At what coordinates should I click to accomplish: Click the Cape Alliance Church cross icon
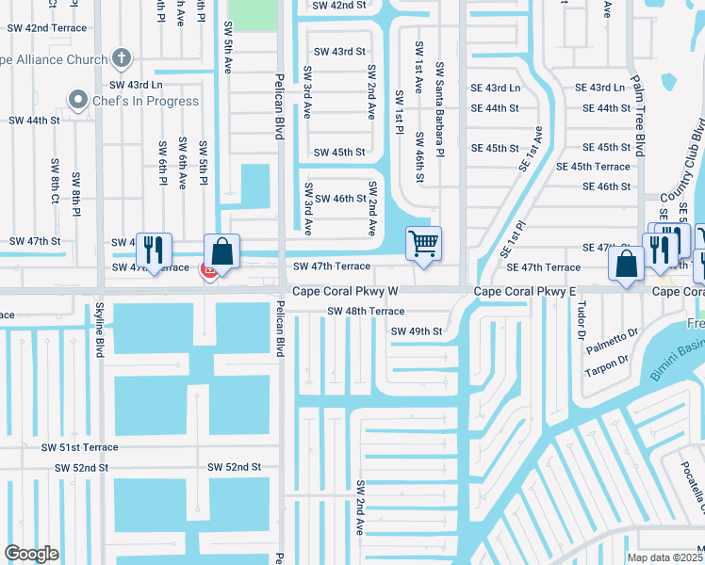[x=120, y=58]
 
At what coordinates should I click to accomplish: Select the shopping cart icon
[x=424, y=244]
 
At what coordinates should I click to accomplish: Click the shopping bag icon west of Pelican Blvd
[x=221, y=252]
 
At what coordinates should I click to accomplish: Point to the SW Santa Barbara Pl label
[x=438, y=109]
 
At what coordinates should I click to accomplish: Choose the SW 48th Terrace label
[x=366, y=311]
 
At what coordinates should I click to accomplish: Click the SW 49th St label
[x=416, y=331]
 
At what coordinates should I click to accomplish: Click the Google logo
[x=32, y=553]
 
